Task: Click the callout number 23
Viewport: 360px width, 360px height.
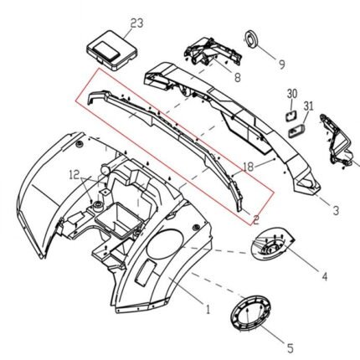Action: (x=136, y=23)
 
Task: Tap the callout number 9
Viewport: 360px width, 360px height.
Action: (x=282, y=64)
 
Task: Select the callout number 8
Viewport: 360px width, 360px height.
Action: (x=237, y=77)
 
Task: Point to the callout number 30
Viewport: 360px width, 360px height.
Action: (x=292, y=94)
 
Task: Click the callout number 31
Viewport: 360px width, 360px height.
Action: (x=309, y=106)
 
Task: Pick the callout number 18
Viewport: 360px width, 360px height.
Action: (x=249, y=167)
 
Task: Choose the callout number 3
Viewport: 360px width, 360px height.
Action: (x=336, y=210)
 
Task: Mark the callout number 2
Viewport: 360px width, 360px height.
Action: (x=256, y=219)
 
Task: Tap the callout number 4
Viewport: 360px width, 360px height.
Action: (x=324, y=276)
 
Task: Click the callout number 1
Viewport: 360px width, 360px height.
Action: (x=208, y=309)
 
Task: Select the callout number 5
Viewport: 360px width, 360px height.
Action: (x=291, y=348)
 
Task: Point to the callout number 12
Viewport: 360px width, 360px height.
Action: (x=75, y=175)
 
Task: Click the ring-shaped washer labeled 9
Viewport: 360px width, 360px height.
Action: (x=251, y=39)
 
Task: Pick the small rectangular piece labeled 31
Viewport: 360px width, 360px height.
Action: (x=296, y=131)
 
